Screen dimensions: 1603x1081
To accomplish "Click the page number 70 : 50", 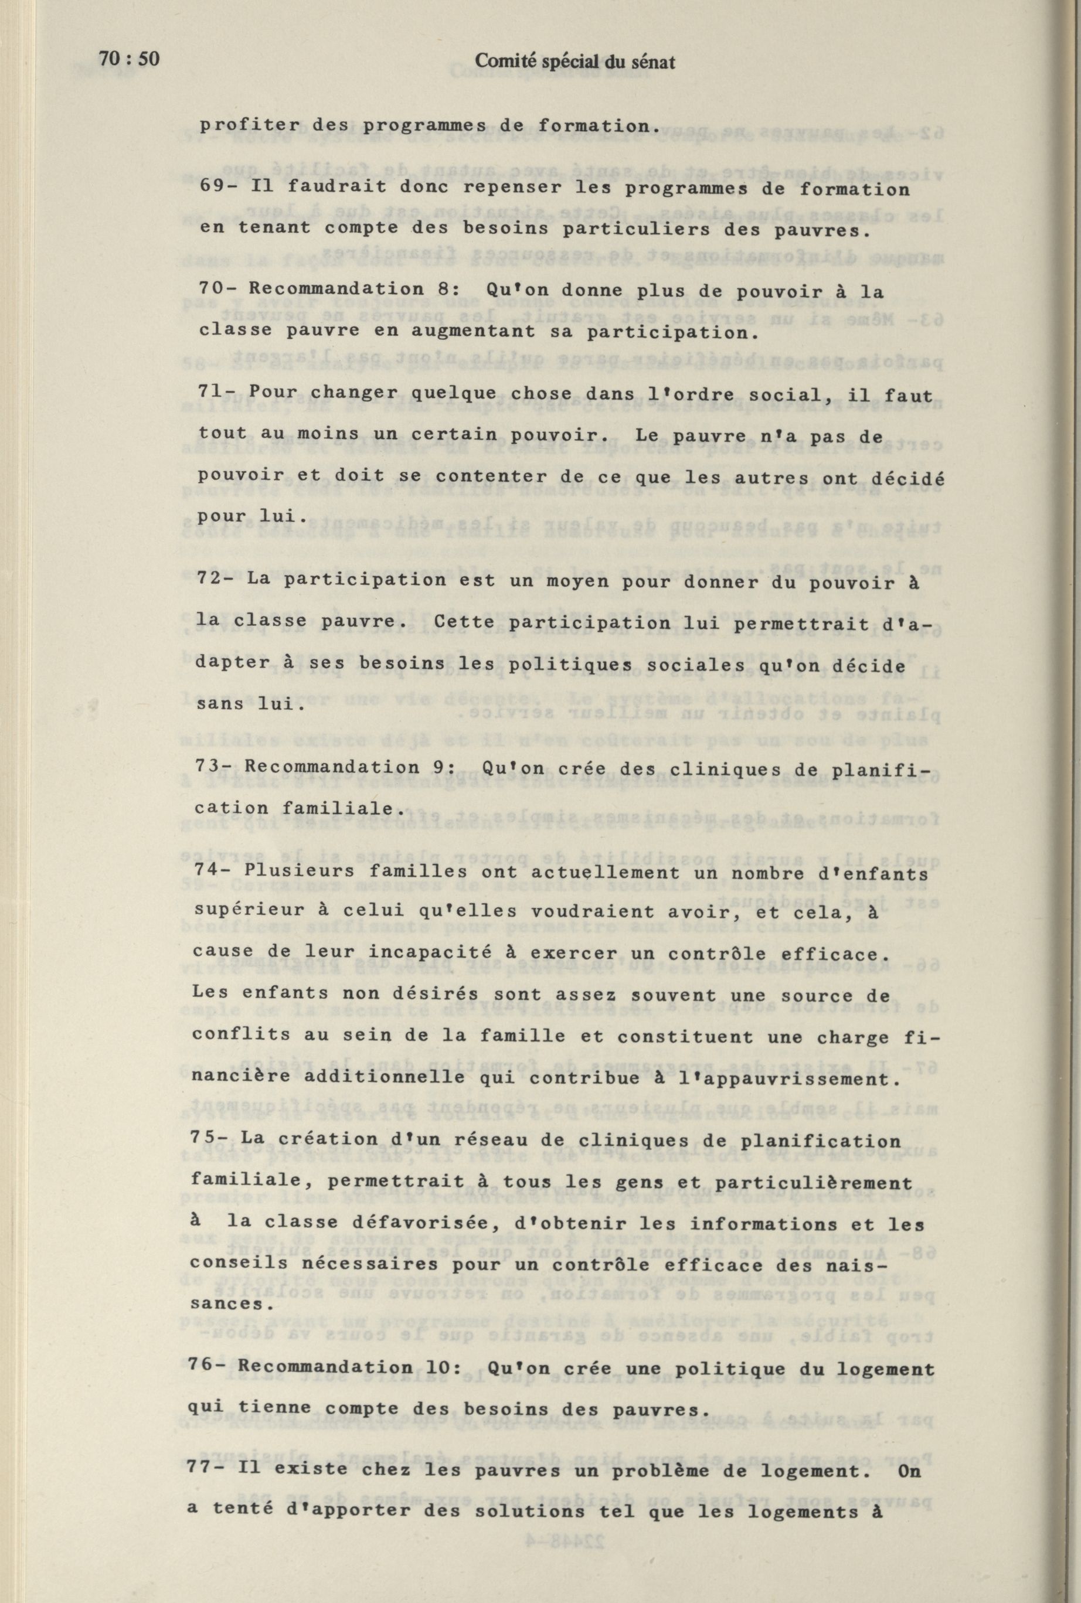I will pyautogui.click(x=129, y=59).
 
